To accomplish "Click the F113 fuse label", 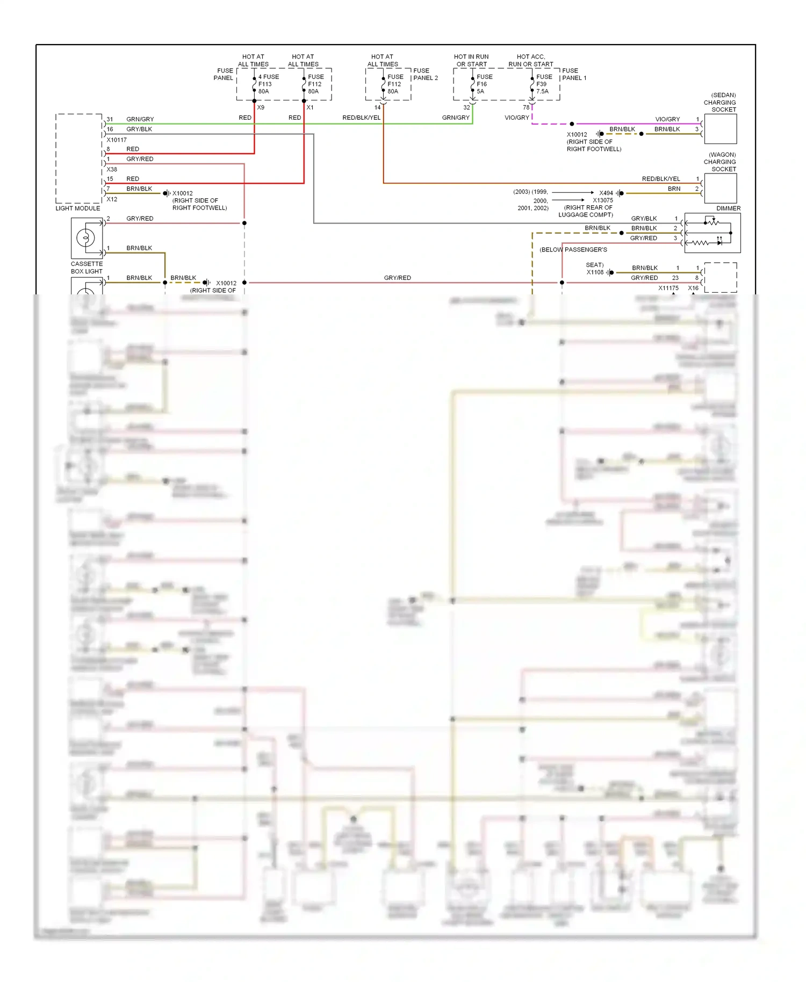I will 265,84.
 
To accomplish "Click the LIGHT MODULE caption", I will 78,208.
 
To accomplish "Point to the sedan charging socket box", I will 720,129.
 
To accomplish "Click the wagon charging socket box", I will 720,189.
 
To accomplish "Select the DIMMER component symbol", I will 713,233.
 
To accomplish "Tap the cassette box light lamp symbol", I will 86,238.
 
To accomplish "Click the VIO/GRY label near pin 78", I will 516,118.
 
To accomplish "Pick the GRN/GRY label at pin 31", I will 140,119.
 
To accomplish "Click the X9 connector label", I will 261,108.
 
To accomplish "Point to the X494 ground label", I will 606,193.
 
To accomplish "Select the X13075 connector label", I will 602,200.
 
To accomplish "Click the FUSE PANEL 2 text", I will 425,74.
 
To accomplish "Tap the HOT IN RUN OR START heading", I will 471,60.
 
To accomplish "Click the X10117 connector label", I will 117,140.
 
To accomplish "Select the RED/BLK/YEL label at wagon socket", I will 660,179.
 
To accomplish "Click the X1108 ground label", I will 595,272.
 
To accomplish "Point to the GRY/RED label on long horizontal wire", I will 397,278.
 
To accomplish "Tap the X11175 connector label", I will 668,288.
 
